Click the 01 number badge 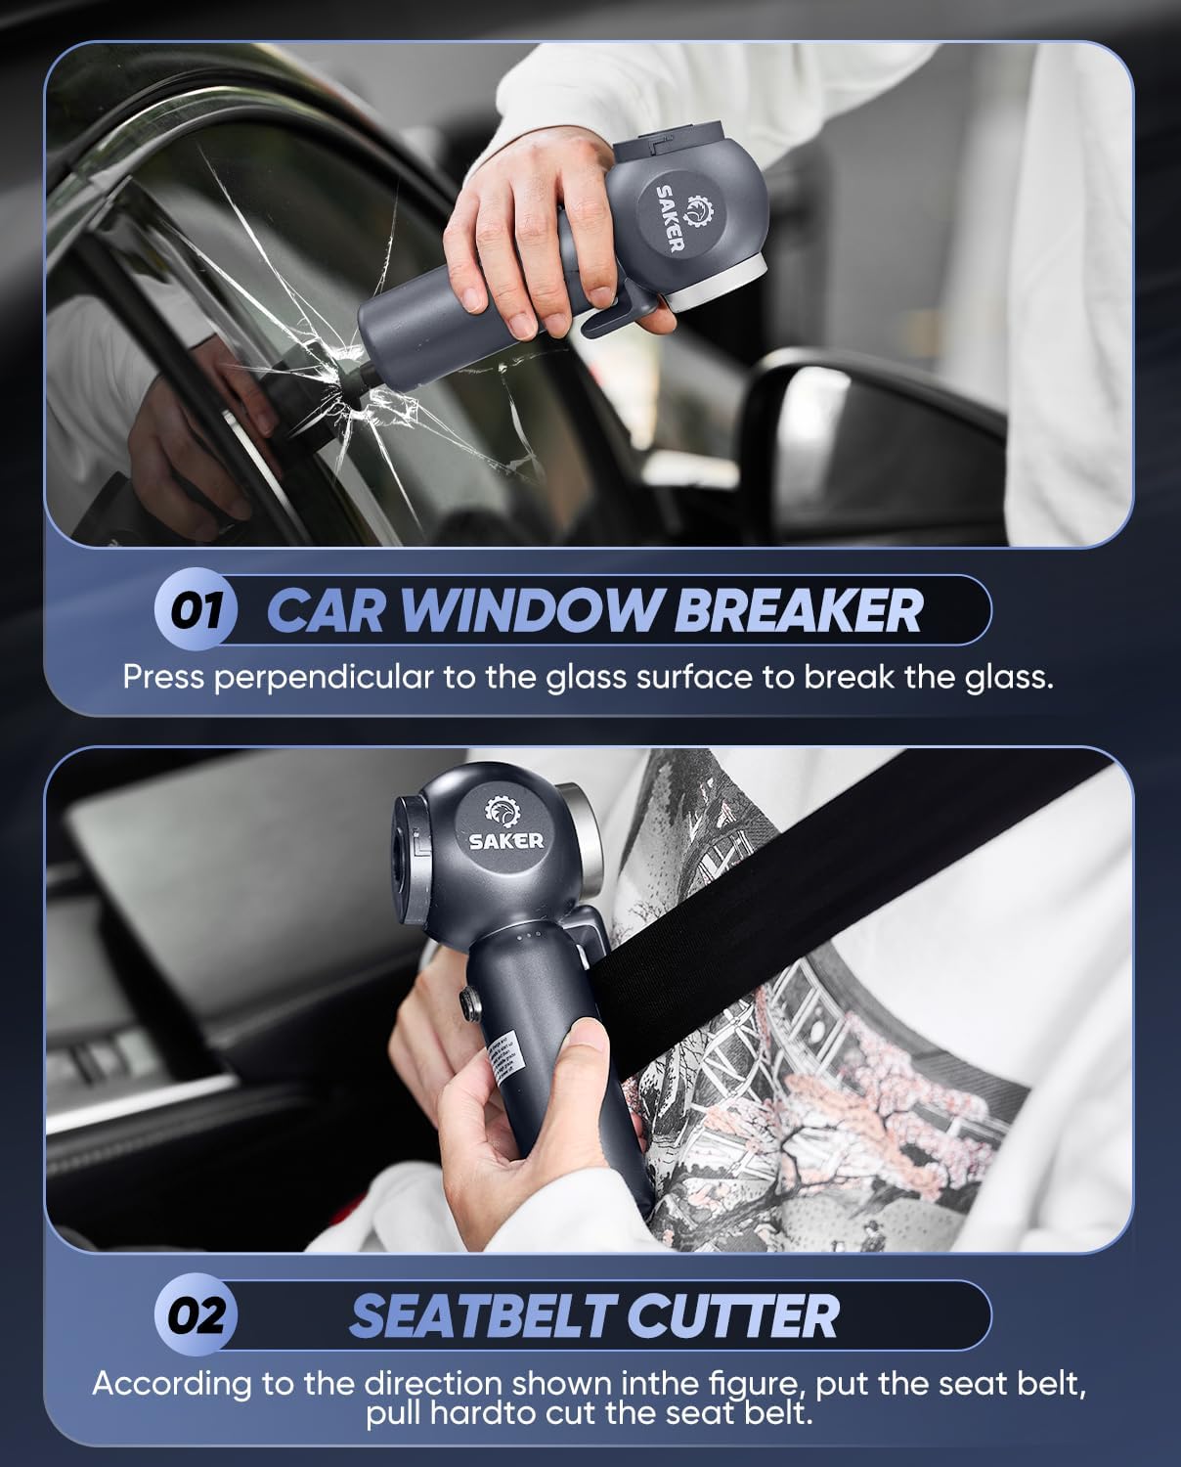click(197, 610)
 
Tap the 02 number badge click(197, 1315)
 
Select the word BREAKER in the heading click(797, 610)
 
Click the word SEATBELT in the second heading click(483, 1315)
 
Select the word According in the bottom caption click(171, 1384)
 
